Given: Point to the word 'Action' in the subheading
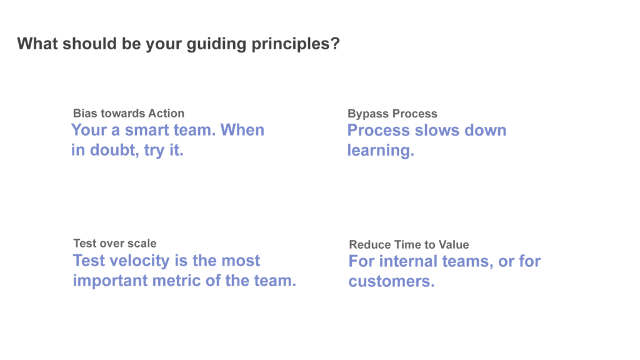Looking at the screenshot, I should click(x=166, y=113).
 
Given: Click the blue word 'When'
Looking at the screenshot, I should click(x=242, y=131).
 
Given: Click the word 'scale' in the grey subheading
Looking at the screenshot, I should click(x=141, y=243).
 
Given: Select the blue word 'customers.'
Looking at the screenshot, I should click(x=391, y=281).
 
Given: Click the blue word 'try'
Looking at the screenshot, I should click(x=155, y=151).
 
